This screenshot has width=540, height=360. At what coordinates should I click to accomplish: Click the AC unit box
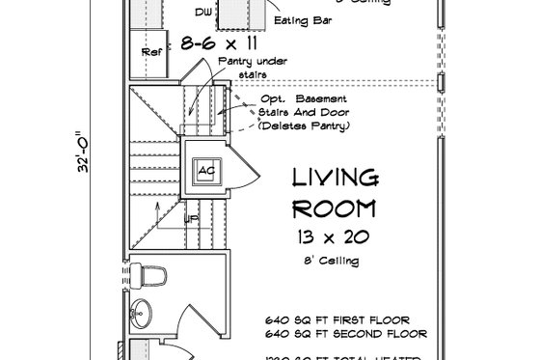tap(204, 170)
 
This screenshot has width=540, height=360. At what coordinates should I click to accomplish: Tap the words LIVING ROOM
tap(335, 192)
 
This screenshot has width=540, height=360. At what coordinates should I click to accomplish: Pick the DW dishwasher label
tap(202, 13)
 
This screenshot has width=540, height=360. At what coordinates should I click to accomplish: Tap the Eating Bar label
tap(299, 18)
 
